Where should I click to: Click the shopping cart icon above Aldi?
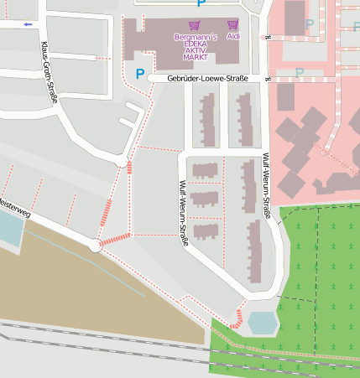232,25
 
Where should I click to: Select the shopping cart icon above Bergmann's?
195,25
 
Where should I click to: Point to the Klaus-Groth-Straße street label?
50,73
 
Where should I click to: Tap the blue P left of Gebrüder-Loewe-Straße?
139,75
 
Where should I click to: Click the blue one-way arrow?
28,24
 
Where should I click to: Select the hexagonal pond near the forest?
262,323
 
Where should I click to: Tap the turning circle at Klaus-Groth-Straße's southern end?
123,163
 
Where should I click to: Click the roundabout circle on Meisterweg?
95,246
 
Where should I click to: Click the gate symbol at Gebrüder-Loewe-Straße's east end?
268,78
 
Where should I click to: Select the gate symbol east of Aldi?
268,38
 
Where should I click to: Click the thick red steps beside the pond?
237,317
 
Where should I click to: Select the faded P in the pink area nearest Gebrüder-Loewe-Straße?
300,73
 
